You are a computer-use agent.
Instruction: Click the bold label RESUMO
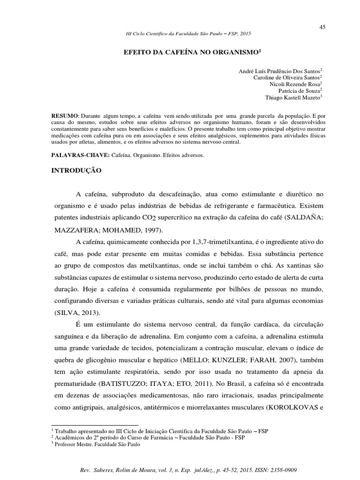click(x=65, y=115)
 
